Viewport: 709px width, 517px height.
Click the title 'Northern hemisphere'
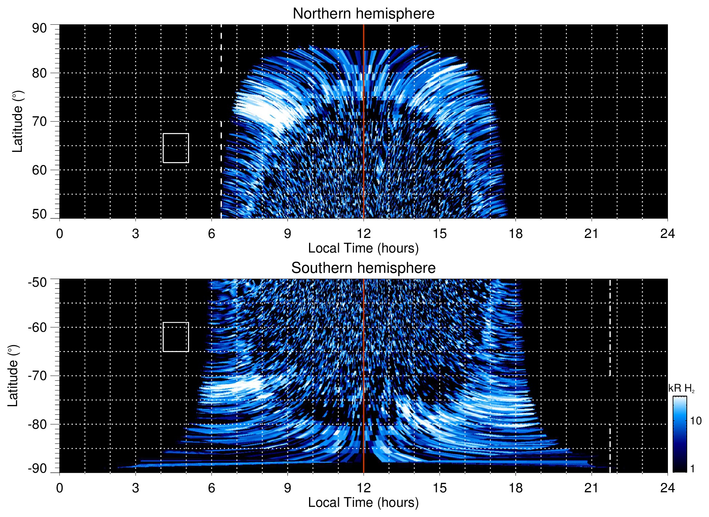(363, 14)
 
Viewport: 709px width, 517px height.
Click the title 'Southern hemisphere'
(363, 268)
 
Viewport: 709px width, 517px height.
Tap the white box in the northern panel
(176, 148)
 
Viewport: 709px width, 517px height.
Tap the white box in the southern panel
(176, 337)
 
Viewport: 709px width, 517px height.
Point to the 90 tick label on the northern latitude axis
(39, 28)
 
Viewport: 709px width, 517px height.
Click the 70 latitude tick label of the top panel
(39, 121)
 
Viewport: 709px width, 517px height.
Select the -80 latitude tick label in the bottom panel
(37, 424)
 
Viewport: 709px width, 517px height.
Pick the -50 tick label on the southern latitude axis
(37, 282)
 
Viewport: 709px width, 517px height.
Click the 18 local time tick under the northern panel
(516, 234)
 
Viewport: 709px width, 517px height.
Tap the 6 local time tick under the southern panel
(212, 488)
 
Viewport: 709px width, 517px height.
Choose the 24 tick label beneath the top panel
(667, 234)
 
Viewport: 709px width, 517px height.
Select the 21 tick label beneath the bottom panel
(592, 488)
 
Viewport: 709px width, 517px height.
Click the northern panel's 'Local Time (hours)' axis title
(363, 248)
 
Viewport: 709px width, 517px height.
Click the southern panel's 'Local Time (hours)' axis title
(363, 502)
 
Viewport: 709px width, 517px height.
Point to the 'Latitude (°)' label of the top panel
(17, 121)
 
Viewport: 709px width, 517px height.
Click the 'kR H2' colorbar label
(681, 388)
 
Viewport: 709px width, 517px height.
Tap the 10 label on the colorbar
(696, 421)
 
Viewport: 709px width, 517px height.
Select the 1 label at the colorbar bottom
(692, 469)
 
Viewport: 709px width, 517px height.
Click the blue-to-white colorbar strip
(680, 434)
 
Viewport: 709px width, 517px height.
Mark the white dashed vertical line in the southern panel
(610, 363)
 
